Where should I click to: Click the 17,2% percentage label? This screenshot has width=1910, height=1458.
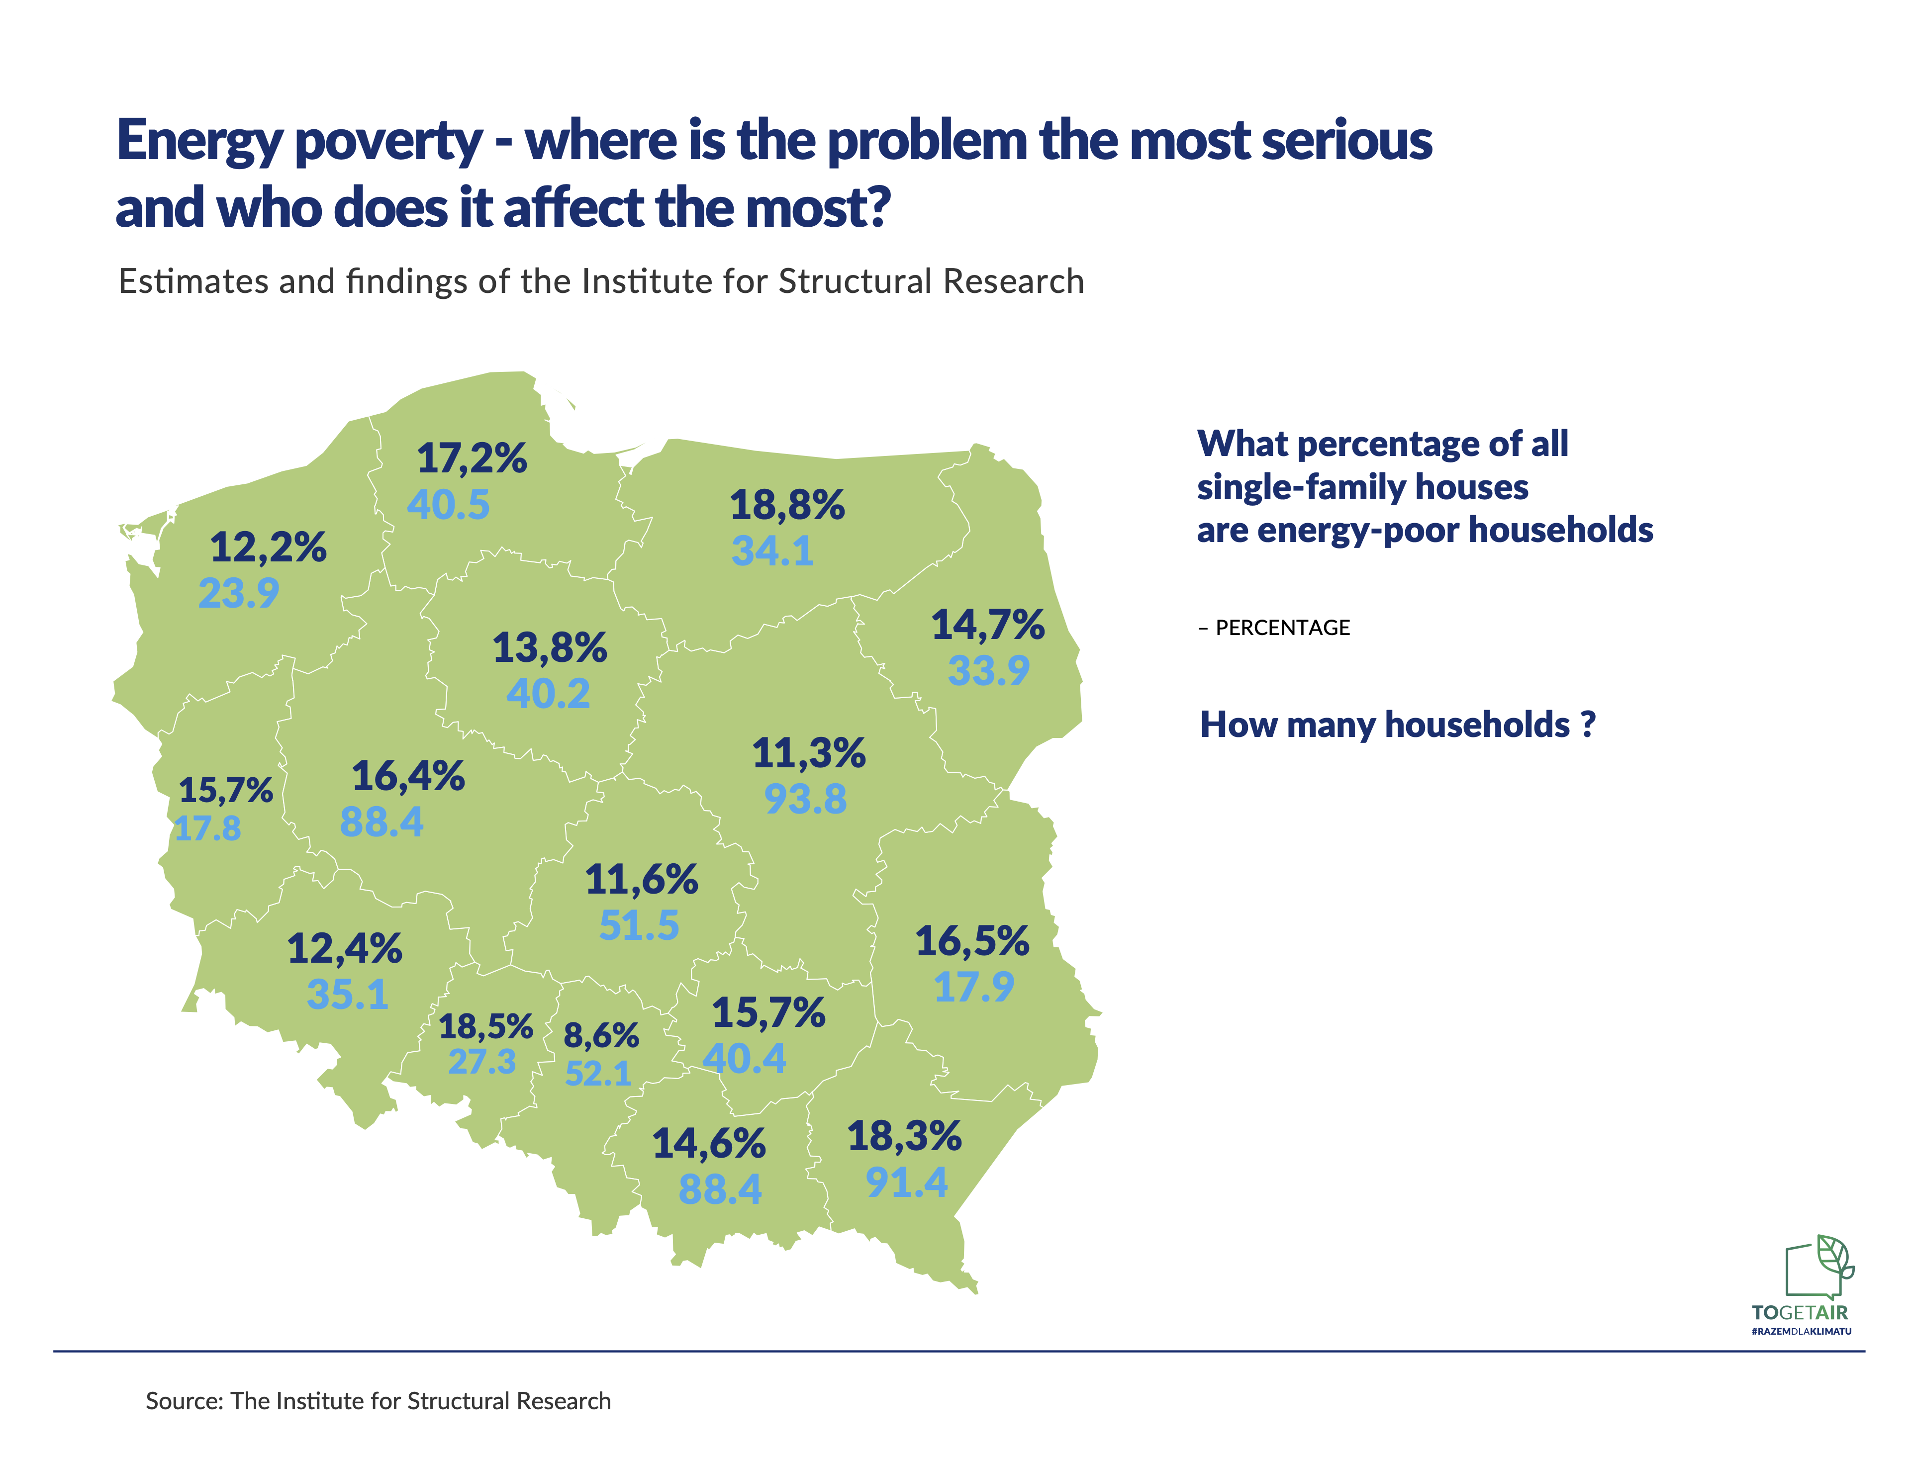click(x=472, y=458)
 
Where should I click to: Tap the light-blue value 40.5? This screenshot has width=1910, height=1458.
click(x=448, y=504)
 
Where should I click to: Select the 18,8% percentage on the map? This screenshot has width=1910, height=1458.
click(x=786, y=505)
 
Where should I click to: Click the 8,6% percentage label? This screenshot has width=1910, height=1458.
click(x=601, y=1035)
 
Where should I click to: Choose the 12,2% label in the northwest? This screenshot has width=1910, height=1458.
click(x=268, y=547)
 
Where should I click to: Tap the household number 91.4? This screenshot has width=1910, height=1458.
click(x=906, y=1182)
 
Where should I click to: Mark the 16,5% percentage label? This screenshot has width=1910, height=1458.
click(x=972, y=941)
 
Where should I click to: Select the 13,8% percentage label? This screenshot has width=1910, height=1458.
click(x=550, y=647)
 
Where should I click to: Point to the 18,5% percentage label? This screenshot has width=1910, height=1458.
click(x=485, y=1027)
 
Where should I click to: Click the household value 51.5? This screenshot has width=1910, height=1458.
click(x=639, y=925)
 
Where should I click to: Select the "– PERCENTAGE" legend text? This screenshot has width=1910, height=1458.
click(x=1274, y=628)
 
